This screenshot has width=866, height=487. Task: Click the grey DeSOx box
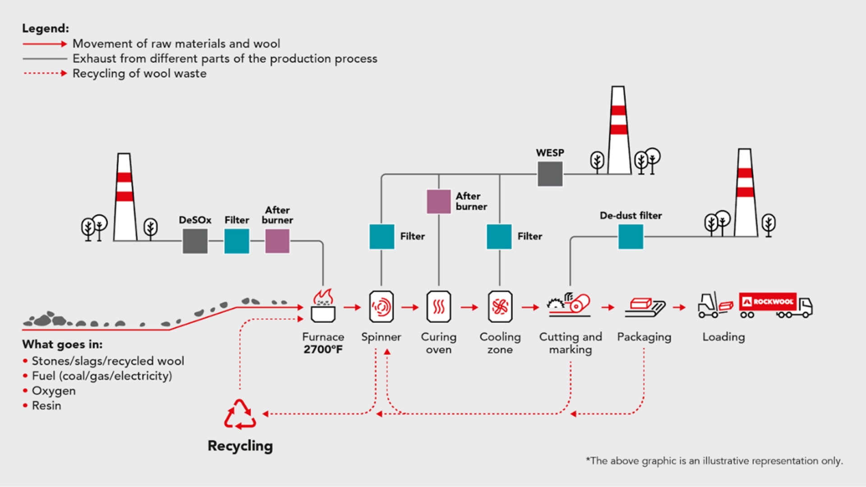[195, 241]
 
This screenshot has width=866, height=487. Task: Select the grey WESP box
[550, 174]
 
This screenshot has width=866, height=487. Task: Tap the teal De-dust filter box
[631, 237]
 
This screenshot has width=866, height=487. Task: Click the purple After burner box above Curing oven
[438, 201]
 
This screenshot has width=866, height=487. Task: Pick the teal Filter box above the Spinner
[382, 236]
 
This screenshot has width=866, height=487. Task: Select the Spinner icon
[381, 307]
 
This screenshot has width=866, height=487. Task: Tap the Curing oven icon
[438, 307]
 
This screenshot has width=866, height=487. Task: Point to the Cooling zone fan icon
[500, 307]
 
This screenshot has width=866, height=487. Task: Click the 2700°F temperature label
[323, 349]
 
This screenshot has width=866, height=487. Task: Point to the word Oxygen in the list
[54, 391]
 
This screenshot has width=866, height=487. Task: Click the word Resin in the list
[46, 406]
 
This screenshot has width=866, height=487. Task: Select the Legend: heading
[46, 28]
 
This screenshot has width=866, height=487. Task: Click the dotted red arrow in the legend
[45, 73]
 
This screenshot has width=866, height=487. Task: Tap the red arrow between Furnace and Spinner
[352, 307]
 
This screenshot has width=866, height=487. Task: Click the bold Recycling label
[240, 446]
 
